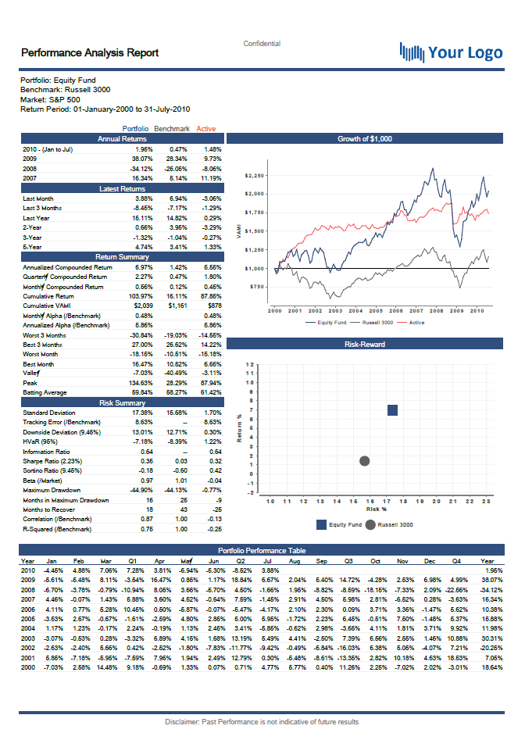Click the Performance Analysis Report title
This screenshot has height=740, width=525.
(x=89, y=53)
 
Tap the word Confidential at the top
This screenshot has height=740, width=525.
(x=262, y=44)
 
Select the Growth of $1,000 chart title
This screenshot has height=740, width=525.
(x=365, y=138)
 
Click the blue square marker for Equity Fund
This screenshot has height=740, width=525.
(x=392, y=410)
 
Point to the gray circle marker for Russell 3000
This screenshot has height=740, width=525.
(x=364, y=461)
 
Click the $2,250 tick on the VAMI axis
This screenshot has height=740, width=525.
(x=255, y=176)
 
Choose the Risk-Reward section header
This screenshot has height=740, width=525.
(x=365, y=344)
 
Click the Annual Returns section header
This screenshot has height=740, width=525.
(x=122, y=138)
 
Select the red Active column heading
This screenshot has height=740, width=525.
(x=206, y=129)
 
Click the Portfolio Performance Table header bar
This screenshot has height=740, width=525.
(x=262, y=551)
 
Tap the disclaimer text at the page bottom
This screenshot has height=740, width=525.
(x=262, y=721)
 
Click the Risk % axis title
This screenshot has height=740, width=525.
(x=377, y=508)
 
